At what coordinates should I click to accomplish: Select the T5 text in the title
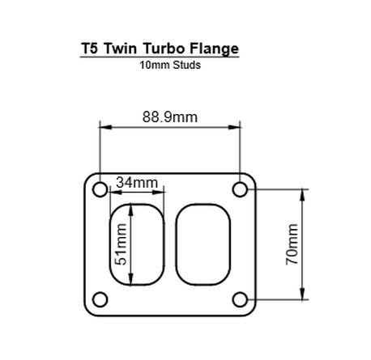(x=91, y=48)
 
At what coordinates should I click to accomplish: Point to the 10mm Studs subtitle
(x=170, y=66)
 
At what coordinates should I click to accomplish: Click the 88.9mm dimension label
(x=170, y=116)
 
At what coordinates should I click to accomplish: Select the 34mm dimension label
(x=136, y=182)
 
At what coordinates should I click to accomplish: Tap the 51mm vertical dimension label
(x=121, y=245)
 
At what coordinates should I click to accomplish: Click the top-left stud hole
(x=99, y=190)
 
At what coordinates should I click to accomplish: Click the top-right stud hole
(x=241, y=190)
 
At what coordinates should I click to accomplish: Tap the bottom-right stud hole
(x=241, y=299)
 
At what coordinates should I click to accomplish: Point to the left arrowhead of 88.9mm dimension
(x=103, y=127)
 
